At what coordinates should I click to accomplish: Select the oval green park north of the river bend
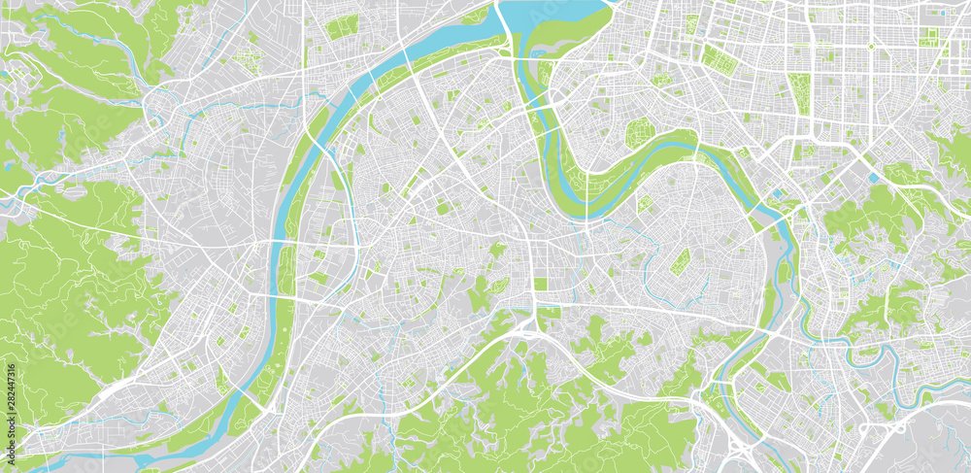tap(640, 133)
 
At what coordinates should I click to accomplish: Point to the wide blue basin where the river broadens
tap(549, 15)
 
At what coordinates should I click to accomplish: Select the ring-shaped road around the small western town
tap(155, 102)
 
